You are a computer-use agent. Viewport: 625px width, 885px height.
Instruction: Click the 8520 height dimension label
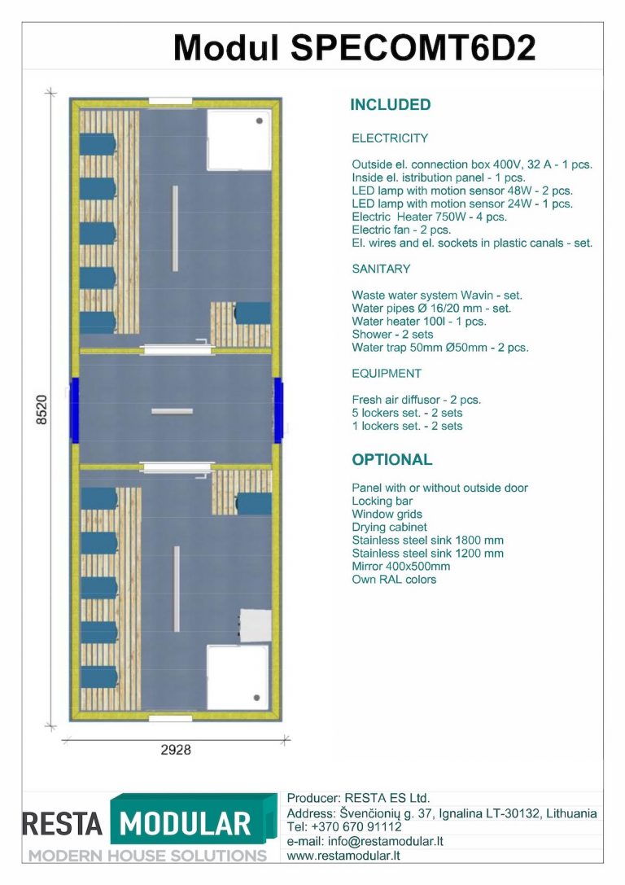point(42,410)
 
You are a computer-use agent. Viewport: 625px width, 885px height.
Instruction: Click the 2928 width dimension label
point(176,750)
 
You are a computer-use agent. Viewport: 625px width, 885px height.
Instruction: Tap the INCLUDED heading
point(391,105)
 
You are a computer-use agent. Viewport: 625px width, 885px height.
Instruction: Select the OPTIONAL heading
point(392,459)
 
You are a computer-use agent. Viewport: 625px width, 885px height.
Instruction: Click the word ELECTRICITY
point(390,138)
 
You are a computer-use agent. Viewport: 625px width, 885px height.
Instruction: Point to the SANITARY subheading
point(381,269)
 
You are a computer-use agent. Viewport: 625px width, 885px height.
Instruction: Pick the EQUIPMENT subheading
point(387,374)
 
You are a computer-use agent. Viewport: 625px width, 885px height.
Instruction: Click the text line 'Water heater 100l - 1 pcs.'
point(418,322)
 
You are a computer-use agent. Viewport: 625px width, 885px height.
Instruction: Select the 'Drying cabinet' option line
point(389,527)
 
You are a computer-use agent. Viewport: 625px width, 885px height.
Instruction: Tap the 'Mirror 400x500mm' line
point(401,566)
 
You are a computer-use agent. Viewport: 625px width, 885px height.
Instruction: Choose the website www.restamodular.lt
point(343,856)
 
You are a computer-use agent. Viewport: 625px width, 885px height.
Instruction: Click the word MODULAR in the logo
point(185,824)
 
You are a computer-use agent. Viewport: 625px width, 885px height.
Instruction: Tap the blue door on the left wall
point(74,410)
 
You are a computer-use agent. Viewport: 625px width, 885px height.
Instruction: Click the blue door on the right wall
point(278,410)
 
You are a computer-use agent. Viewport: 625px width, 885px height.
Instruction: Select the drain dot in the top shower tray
point(260,120)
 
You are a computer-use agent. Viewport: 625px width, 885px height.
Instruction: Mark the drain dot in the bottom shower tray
point(256,699)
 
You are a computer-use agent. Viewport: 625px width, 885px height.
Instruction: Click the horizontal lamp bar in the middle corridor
point(172,411)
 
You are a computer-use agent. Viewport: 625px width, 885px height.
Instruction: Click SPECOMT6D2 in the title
point(413,48)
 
